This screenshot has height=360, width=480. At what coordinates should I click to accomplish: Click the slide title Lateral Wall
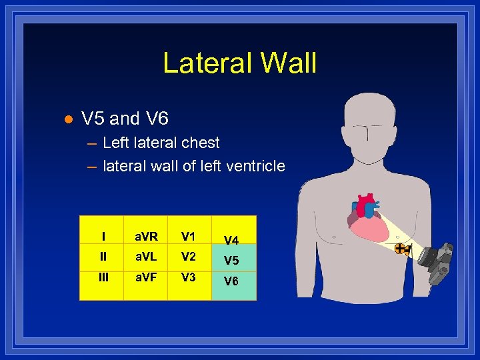pyautogui.click(x=239, y=63)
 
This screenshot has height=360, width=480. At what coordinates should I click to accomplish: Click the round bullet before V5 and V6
pyautogui.click(x=67, y=119)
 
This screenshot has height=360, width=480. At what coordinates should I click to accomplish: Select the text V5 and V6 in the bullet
pyautogui.click(x=125, y=119)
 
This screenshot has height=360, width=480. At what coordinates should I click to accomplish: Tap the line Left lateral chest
pyautogui.click(x=161, y=143)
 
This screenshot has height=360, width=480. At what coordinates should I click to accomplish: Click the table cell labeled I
pyautogui.click(x=103, y=236)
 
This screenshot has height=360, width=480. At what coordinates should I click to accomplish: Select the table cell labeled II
pyautogui.click(x=103, y=257)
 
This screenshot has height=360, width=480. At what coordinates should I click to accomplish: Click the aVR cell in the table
pyautogui.click(x=147, y=236)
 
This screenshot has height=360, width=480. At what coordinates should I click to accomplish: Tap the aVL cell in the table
pyautogui.click(x=147, y=257)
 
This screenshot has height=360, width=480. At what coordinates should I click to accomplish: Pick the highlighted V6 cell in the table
pyautogui.click(x=231, y=281)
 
